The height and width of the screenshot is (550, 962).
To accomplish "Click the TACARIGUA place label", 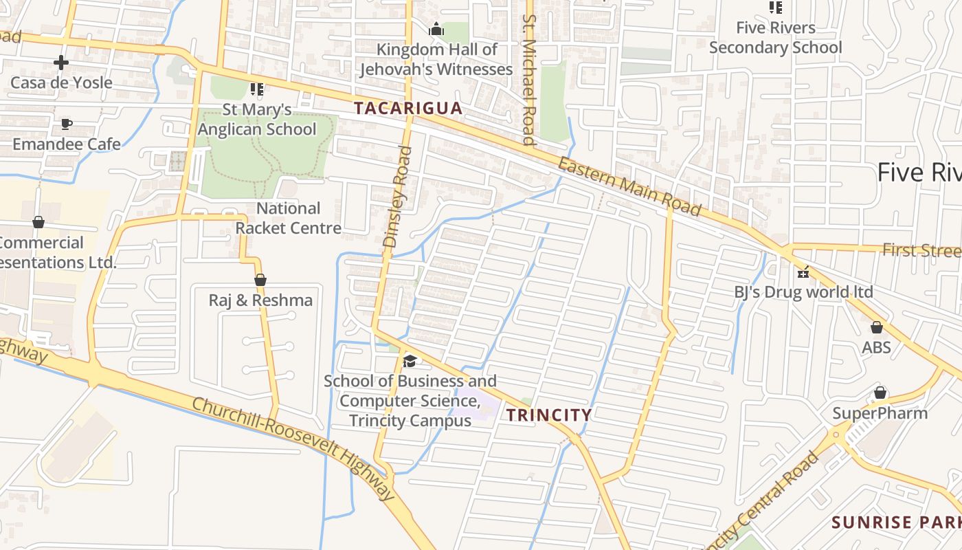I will [407, 109].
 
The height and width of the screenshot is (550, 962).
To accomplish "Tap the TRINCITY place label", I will [548, 415].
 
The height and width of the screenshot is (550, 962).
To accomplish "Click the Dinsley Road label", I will [398, 197].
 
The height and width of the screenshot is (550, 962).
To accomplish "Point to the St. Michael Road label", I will [528, 80].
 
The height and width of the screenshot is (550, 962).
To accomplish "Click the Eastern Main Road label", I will [629, 186].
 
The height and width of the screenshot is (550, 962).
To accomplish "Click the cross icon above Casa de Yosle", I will [61, 63].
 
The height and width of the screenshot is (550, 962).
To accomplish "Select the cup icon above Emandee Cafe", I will [66, 124].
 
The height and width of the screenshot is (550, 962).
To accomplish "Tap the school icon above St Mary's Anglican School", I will [257, 89].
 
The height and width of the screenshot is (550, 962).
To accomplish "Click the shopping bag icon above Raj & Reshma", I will [260, 280].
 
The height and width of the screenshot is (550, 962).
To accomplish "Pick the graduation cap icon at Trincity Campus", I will [410, 360].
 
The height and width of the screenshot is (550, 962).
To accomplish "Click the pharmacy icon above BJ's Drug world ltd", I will [803, 272].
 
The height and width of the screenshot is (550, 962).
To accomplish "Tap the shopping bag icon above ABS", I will [876, 327].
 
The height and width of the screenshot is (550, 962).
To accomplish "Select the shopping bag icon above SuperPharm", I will [880, 393].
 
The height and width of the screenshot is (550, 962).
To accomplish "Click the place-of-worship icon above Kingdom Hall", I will [436, 30].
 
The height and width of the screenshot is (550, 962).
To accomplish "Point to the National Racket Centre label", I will [289, 218].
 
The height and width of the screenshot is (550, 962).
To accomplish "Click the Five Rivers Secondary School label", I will [776, 38].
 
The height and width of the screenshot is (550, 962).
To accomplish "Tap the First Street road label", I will [921, 250].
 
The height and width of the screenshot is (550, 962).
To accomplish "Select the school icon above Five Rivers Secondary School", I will [776, 8].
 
